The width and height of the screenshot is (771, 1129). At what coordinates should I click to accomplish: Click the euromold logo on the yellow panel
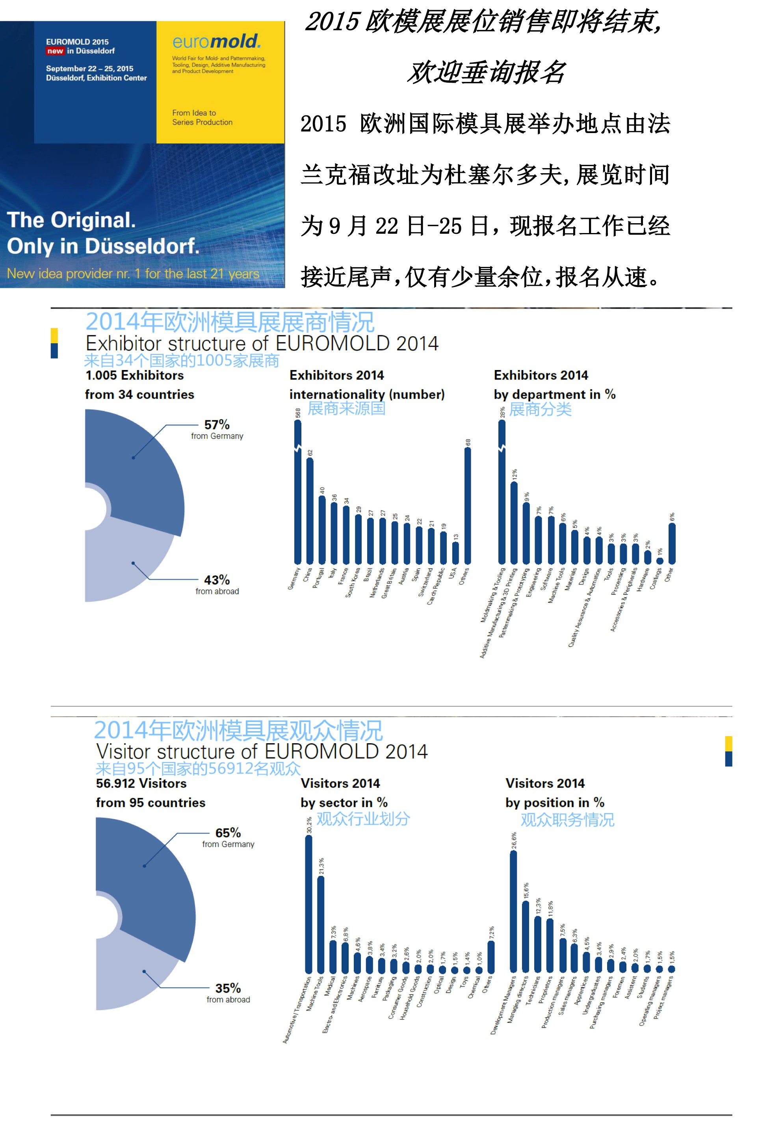coord(216,42)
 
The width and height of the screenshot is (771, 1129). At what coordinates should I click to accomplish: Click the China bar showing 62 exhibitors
coord(310,510)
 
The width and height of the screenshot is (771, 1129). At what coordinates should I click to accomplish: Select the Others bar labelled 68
coord(467,505)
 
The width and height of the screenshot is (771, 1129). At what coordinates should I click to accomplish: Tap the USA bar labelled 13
coord(455,553)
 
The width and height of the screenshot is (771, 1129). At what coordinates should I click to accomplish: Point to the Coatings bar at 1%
coord(660,561)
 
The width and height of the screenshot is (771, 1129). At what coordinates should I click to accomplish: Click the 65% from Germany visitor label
coord(228,837)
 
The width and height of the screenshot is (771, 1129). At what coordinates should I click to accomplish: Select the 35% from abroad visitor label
coord(228,992)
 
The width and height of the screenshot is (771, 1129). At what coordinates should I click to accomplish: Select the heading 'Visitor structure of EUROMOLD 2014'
coord(262,752)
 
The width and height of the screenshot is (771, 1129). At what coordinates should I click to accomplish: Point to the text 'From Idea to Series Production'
coord(202,118)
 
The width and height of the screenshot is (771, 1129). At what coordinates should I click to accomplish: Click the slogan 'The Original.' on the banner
coord(71,220)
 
